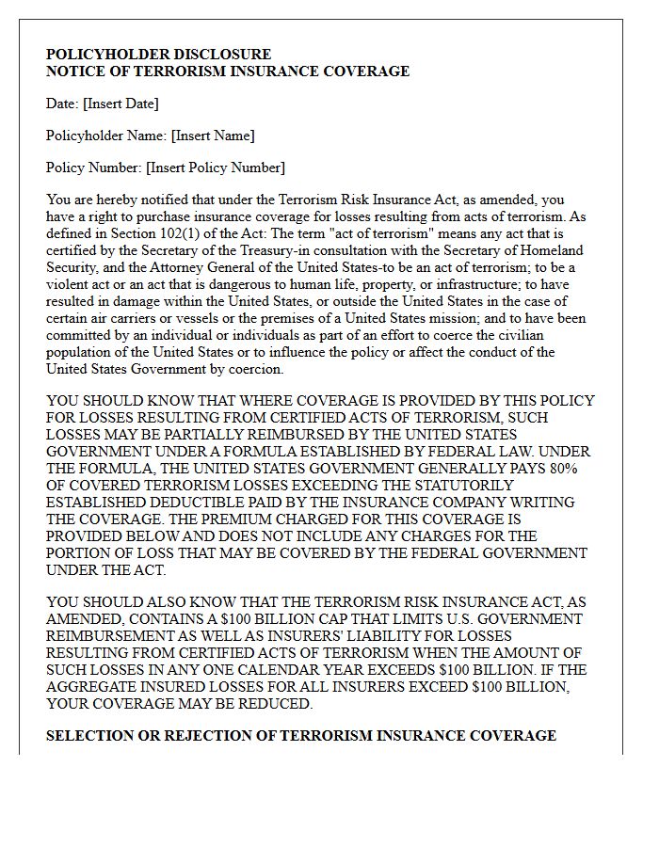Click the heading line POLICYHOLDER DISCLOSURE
click(x=158, y=55)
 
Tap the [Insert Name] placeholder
click(x=213, y=136)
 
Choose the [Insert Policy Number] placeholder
click(x=215, y=168)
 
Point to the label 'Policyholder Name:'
click(x=106, y=136)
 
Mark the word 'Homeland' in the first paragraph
click(x=554, y=250)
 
